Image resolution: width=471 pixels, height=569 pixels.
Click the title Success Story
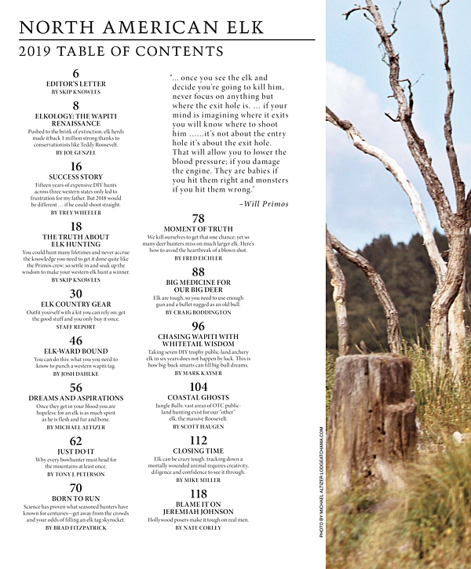click(76, 177)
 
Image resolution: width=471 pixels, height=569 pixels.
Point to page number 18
click(76, 227)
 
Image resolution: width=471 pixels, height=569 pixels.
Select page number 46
click(76, 341)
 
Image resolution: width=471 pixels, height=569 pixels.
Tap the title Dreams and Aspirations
click(76, 398)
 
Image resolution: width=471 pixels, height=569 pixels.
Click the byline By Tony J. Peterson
click(76, 474)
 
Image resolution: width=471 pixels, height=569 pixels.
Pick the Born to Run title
click(76, 498)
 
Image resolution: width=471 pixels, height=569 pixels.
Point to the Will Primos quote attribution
click(264, 204)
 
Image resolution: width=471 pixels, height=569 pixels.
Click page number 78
click(199, 219)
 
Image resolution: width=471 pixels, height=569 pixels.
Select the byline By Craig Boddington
click(199, 312)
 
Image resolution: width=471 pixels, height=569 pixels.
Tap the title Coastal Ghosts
click(199, 398)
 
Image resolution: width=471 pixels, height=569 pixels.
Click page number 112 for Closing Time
click(199, 440)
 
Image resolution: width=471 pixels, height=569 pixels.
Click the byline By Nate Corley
click(199, 528)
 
